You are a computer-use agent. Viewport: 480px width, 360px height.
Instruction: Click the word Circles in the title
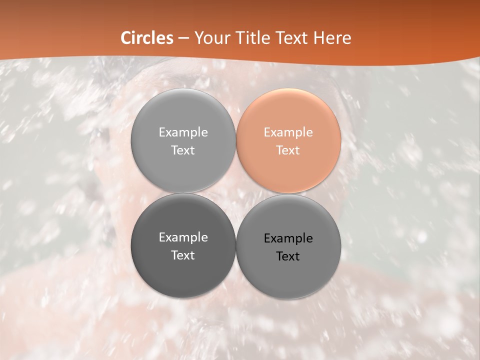[146, 38]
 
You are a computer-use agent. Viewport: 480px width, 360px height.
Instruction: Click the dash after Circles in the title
[183, 38]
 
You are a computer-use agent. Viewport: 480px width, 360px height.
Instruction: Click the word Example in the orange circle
[288, 132]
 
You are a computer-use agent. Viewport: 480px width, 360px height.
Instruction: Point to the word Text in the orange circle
[288, 150]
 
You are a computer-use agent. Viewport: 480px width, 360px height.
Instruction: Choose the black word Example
[288, 238]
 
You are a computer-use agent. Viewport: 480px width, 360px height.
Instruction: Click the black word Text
[288, 256]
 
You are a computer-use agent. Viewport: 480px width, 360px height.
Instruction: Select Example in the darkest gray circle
[183, 237]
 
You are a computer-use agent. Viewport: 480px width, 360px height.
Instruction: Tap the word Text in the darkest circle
[183, 255]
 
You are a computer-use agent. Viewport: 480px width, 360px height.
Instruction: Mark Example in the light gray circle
[183, 132]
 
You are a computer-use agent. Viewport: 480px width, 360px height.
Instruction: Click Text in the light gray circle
[183, 150]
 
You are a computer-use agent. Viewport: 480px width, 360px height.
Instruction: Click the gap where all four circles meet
[235, 193]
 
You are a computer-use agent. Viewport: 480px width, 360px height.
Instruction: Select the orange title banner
[400, 30]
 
